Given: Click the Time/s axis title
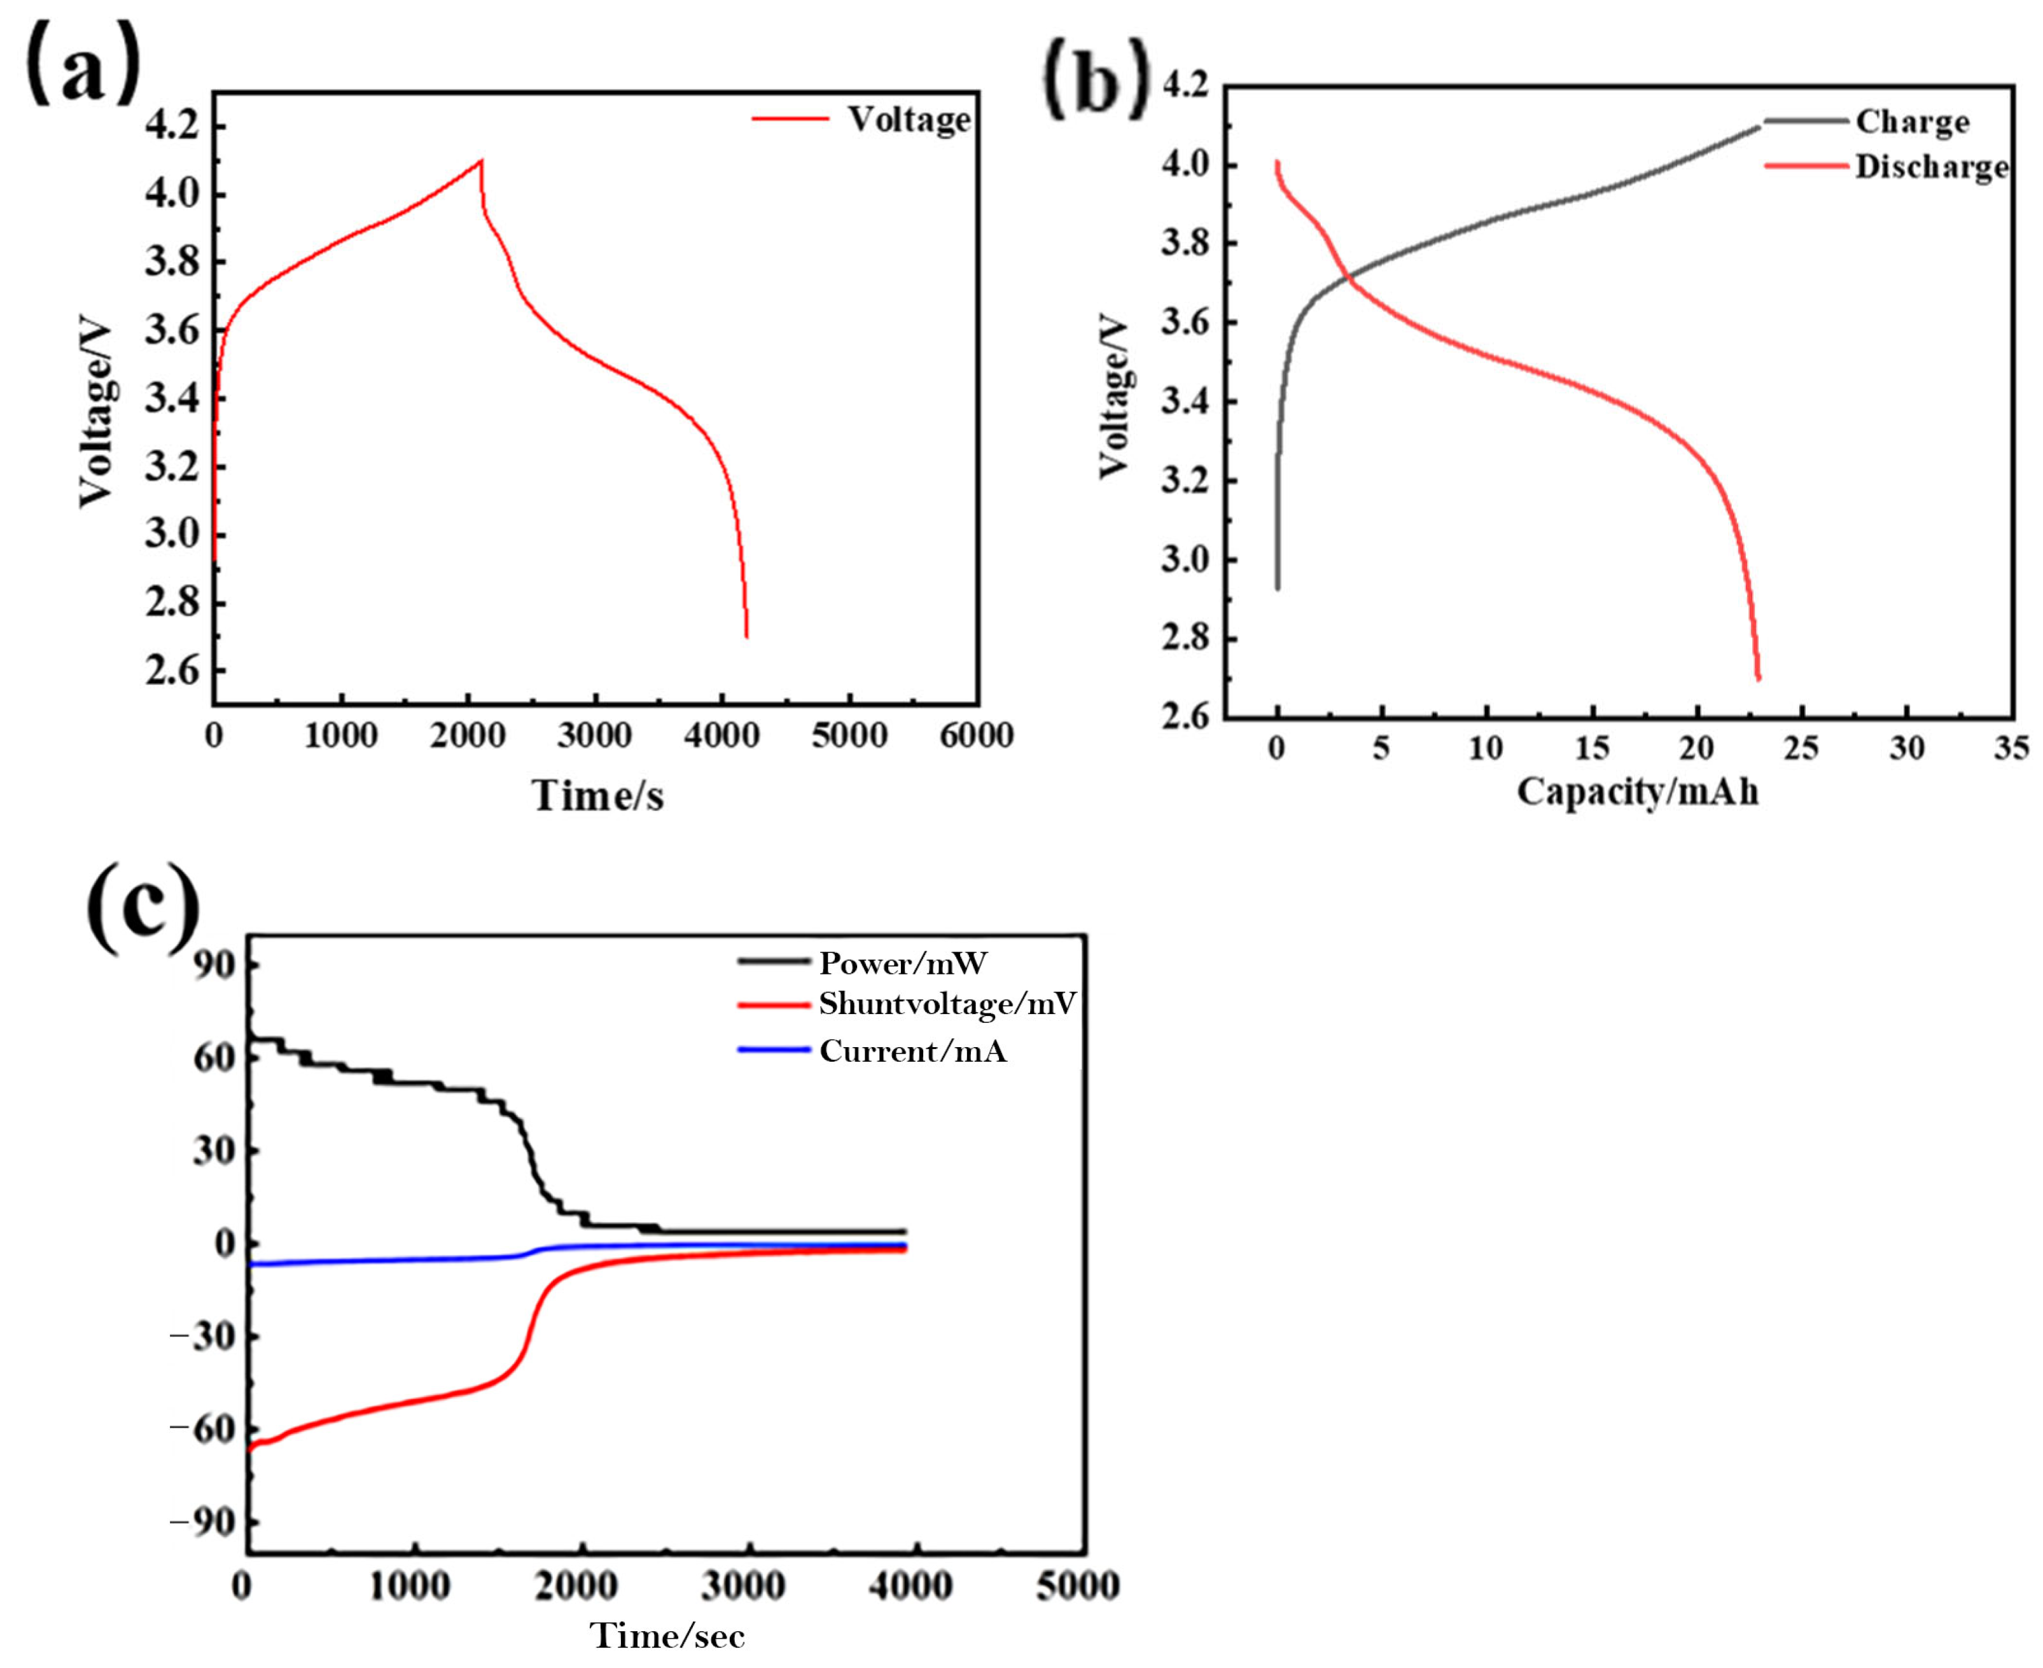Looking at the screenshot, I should pyautogui.click(x=597, y=796).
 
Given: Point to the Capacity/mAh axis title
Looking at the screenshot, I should pyautogui.click(x=1638, y=792).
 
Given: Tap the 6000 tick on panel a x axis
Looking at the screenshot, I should pyautogui.click(x=977, y=736).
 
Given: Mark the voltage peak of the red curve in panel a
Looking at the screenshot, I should pyautogui.click(x=480, y=160).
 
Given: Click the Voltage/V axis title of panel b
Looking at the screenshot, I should pyautogui.click(x=1115, y=399).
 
